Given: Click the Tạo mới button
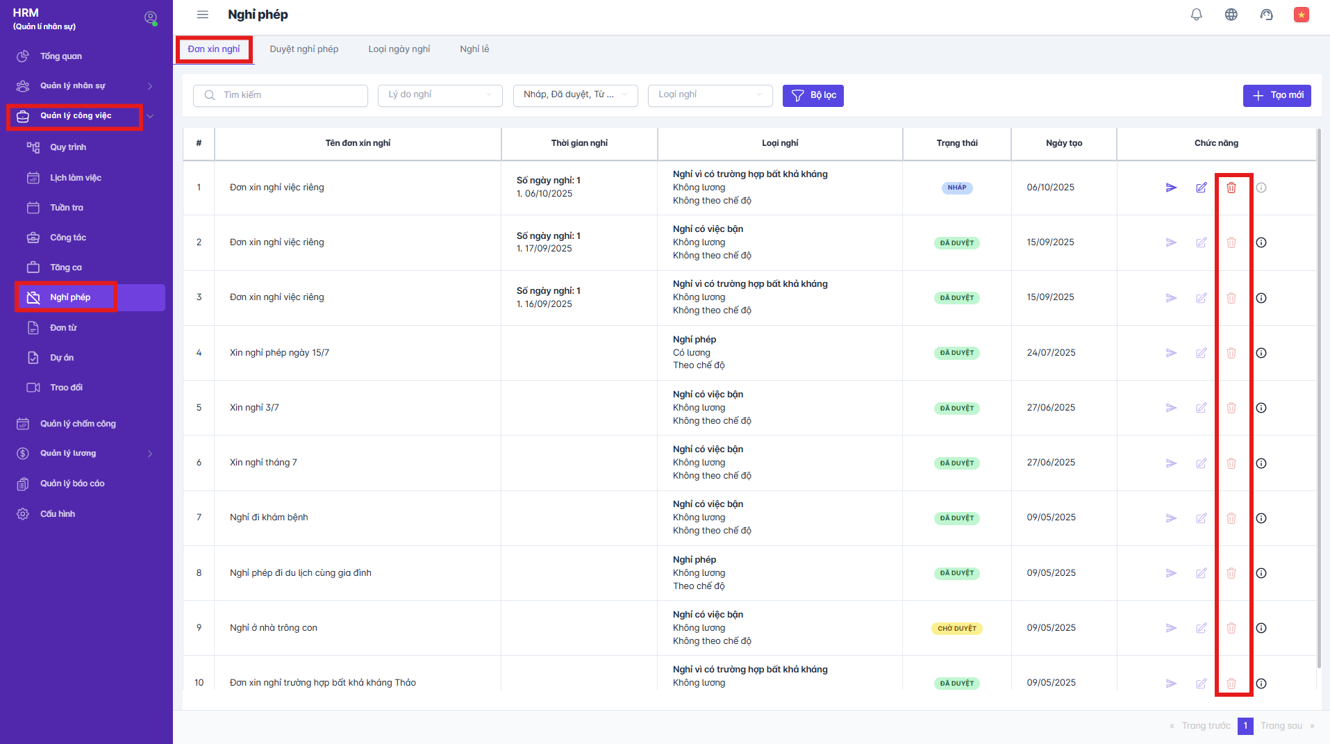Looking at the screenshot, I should (1277, 95).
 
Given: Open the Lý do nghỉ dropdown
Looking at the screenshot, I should (440, 95).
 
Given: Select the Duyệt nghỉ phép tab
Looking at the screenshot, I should (304, 49).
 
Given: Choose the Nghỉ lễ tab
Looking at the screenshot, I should (474, 49).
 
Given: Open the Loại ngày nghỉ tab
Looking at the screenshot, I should (399, 49).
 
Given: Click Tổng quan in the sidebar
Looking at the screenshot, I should (60, 56).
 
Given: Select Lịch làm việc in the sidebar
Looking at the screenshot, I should (75, 178).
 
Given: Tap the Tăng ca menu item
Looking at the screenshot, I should (65, 267).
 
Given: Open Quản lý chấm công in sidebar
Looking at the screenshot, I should (77, 424).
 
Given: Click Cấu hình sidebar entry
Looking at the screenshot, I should (57, 514).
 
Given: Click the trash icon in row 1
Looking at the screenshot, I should (1231, 188).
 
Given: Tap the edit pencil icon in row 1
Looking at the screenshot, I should (1201, 188).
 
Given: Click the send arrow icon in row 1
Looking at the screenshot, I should (1171, 188).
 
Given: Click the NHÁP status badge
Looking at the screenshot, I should (956, 188).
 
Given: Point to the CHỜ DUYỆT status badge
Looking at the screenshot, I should (956, 628).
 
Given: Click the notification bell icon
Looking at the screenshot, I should (1196, 15).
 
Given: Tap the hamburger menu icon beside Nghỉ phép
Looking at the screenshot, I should (202, 15).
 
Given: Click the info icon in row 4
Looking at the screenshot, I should (1261, 353).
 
